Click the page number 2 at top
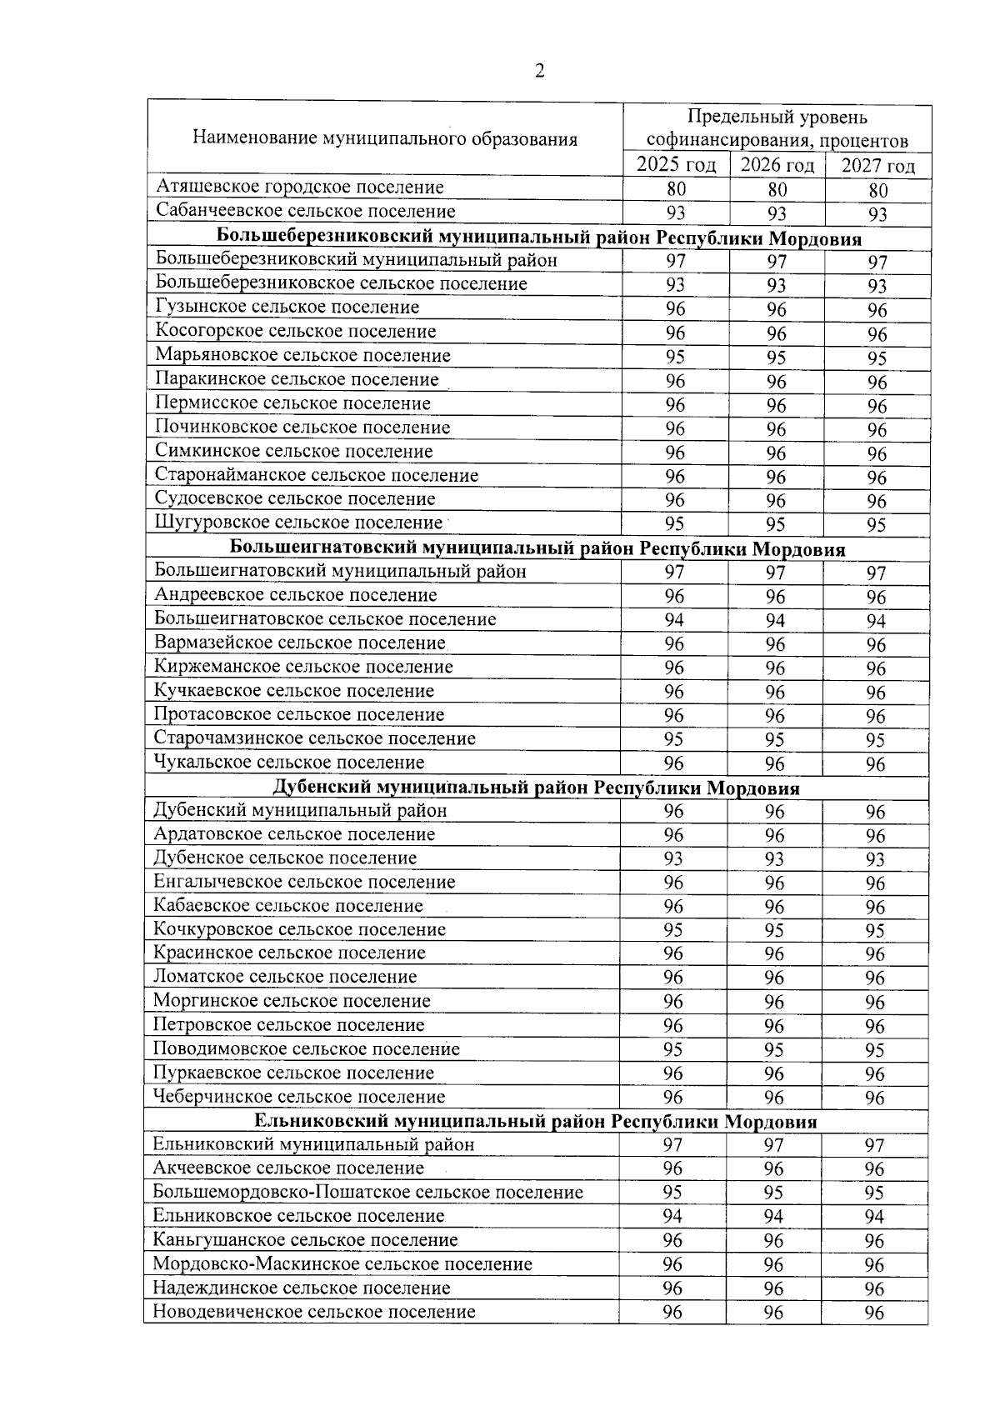539,71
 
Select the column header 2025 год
676,165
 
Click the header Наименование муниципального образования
385,138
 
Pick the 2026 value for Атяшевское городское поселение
777,190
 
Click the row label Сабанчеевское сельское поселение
306,212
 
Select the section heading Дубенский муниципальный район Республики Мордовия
537,788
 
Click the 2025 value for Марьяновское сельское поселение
675,357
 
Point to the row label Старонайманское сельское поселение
317,476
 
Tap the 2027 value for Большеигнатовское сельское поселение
875,621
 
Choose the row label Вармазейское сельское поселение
300,643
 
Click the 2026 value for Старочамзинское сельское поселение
775,739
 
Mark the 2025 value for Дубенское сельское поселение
673,858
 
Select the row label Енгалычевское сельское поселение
304,882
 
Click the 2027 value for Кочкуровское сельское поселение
874,930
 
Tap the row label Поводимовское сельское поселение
306,1049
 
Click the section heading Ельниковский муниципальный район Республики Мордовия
535,1122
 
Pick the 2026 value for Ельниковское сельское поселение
773,1216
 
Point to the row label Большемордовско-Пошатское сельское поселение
367,1193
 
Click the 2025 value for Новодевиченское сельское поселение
672,1312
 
